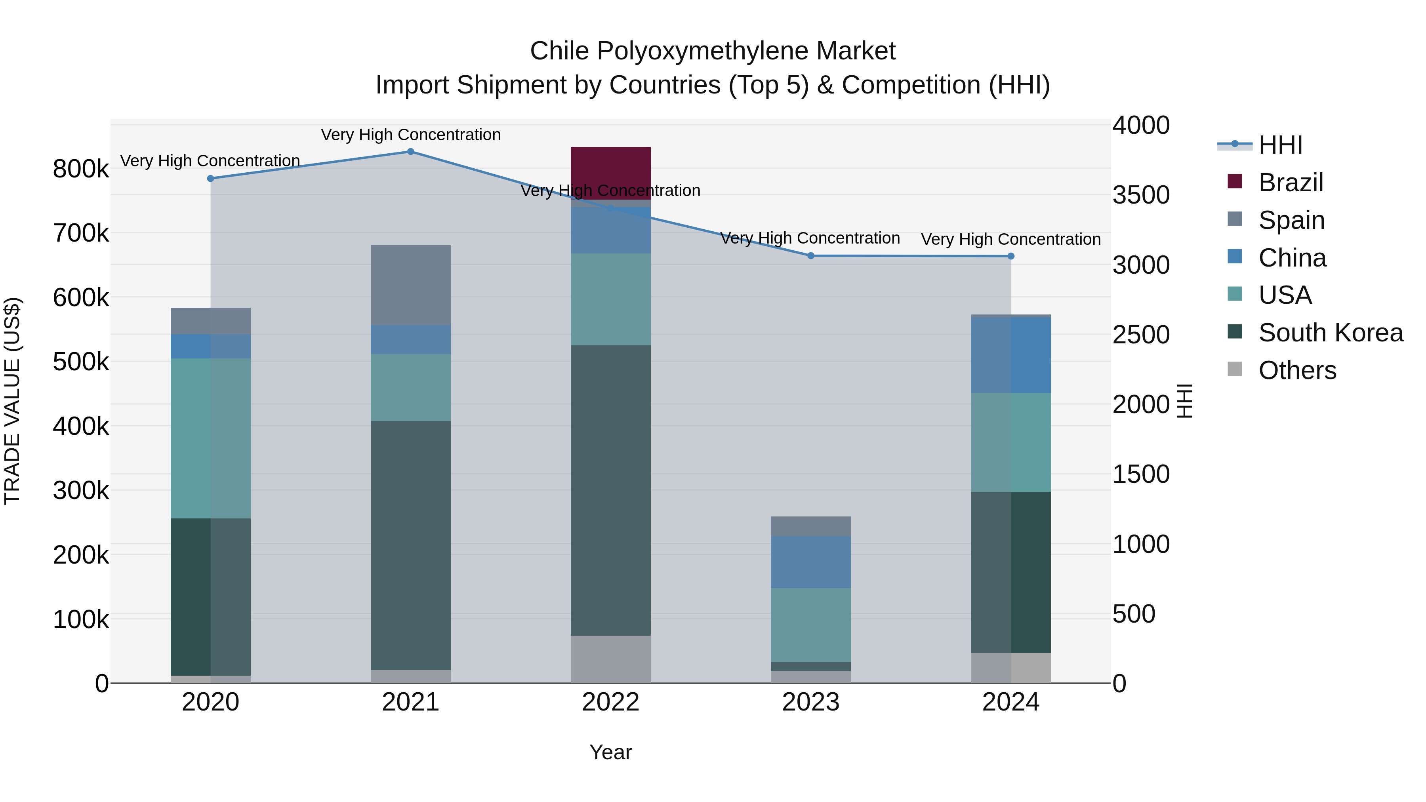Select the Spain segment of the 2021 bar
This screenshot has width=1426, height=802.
[x=410, y=285]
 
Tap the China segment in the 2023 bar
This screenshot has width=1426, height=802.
[x=810, y=562]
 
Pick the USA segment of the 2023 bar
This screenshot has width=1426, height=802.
[x=810, y=624]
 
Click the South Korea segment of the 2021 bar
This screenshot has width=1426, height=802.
[x=410, y=545]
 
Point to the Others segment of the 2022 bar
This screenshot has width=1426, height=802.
[x=610, y=659]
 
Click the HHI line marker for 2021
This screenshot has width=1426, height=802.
[x=411, y=152]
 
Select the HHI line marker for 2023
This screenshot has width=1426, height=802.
[x=811, y=256]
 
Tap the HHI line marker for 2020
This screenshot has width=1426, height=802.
[x=210, y=178]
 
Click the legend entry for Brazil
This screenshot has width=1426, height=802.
[x=1290, y=182]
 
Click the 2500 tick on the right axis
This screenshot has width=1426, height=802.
[x=1141, y=335]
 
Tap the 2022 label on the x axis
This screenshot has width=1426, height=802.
[x=610, y=702]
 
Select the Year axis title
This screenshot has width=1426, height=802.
[x=610, y=752]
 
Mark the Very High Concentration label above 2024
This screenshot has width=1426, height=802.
[x=1011, y=239]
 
